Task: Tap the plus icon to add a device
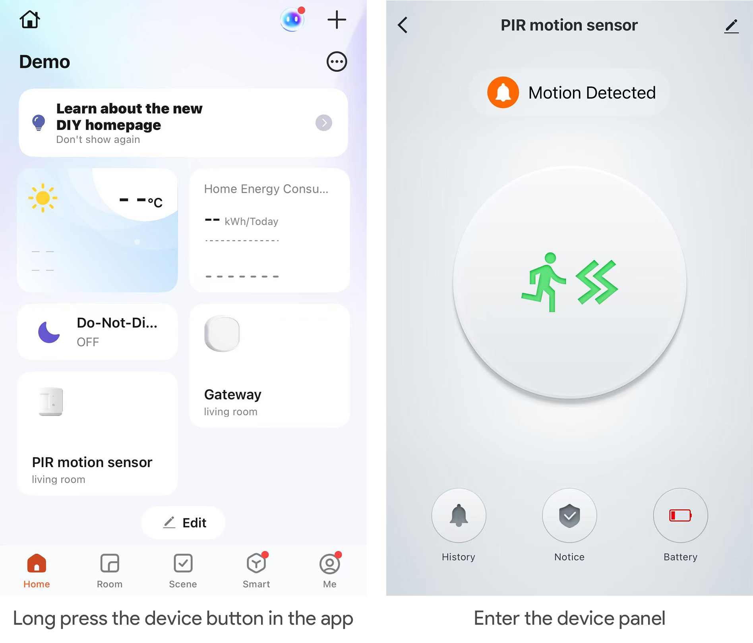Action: (337, 19)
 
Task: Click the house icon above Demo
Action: (30, 19)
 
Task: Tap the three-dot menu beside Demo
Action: (337, 62)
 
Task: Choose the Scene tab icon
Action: (183, 563)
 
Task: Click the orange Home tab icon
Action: (37, 563)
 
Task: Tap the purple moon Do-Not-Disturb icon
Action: (48, 332)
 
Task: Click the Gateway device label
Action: (232, 394)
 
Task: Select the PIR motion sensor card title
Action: (92, 462)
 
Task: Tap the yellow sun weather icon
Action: (43, 198)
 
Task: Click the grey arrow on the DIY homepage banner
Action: (324, 123)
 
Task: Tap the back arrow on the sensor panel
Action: (403, 25)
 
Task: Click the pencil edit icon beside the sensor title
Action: (731, 26)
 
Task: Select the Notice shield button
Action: (569, 515)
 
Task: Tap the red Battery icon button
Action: (680, 515)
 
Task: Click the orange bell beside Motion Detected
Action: (503, 93)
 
